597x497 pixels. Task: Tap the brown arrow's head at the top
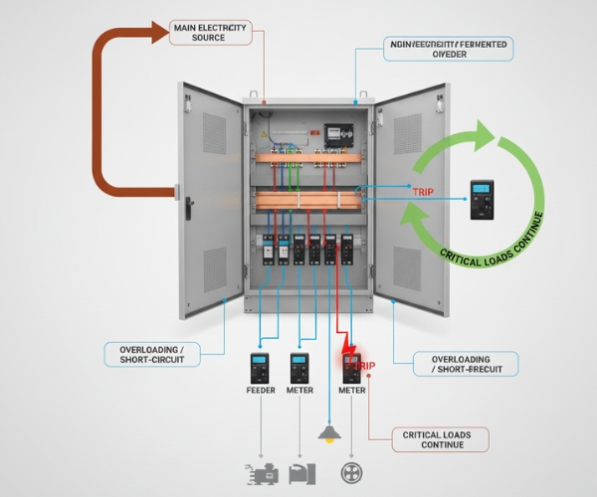[x=163, y=32]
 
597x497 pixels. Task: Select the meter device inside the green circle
[x=482, y=199]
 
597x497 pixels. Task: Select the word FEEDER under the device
[x=260, y=391]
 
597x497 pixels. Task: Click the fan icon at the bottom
[x=349, y=473]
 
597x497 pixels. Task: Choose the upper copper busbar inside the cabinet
[x=307, y=157]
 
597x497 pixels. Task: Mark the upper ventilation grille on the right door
[x=407, y=134]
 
